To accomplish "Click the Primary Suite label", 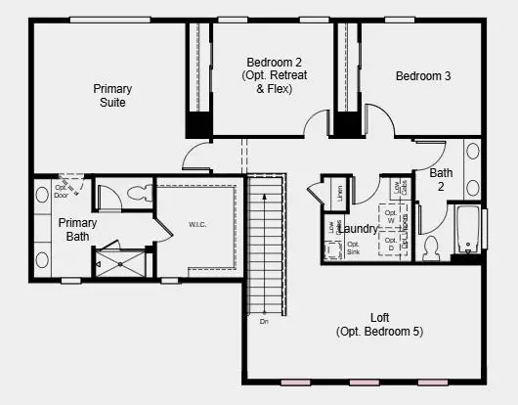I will (112, 96).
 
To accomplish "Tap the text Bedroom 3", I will (423, 76).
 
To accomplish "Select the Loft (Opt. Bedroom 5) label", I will (380, 324).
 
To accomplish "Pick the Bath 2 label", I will (440, 179).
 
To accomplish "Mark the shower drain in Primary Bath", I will (121, 263).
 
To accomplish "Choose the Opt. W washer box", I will (392, 217).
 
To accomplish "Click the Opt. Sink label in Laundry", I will (353, 248).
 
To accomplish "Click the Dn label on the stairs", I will (263, 320).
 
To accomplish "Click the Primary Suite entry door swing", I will (197, 157).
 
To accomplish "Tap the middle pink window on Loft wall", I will (364, 382).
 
